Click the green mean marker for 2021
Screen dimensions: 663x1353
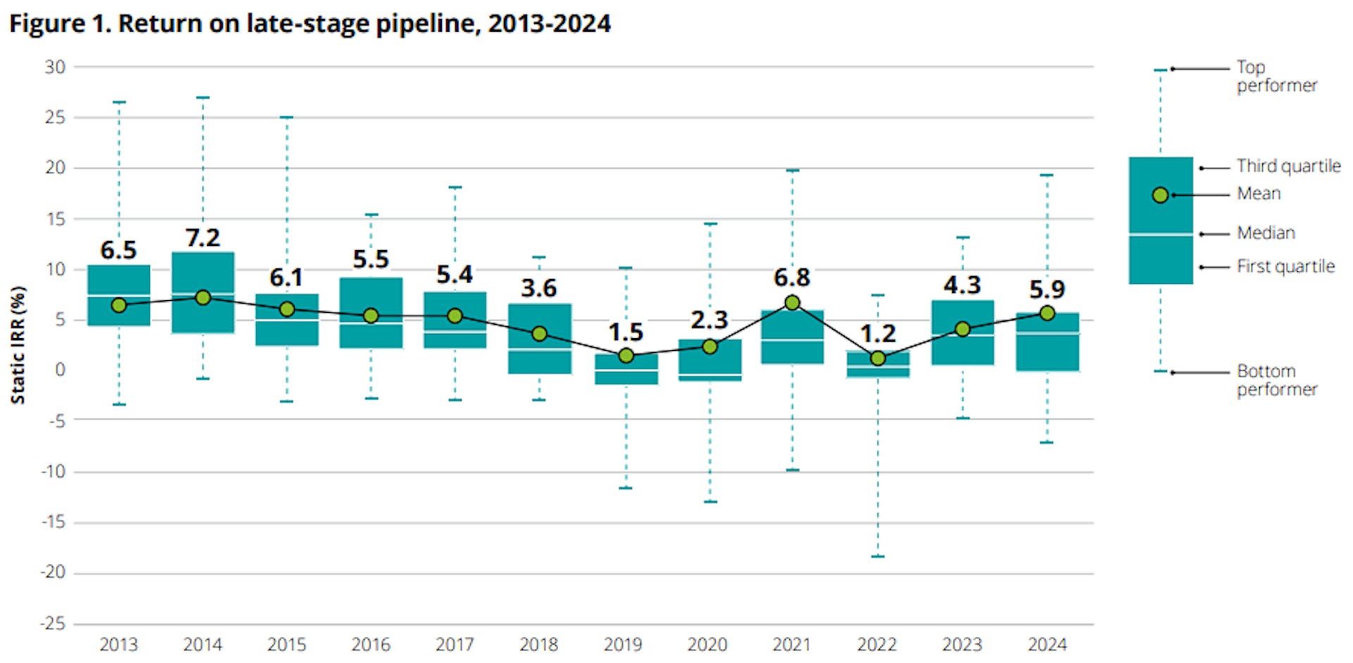click(792, 302)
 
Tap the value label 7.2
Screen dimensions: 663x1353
click(203, 237)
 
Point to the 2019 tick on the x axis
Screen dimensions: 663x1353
click(623, 644)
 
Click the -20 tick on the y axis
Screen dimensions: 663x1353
click(54, 572)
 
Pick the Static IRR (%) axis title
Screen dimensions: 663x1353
click(18, 345)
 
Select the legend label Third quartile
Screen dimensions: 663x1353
click(1288, 166)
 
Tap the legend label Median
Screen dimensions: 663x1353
click(1266, 233)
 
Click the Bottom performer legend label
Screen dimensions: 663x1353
click(1276, 380)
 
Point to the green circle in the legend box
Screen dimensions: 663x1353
click(1161, 195)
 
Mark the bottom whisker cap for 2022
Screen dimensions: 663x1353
click(877, 557)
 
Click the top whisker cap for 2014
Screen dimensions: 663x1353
click(203, 97)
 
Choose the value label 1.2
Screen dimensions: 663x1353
click(877, 333)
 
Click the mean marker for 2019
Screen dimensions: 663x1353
click(626, 355)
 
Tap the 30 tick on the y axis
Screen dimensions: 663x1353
click(55, 67)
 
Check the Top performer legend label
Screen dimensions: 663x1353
click(1276, 76)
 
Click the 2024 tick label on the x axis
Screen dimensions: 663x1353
click(1047, 644)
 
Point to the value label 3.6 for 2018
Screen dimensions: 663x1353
click(539, 287)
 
